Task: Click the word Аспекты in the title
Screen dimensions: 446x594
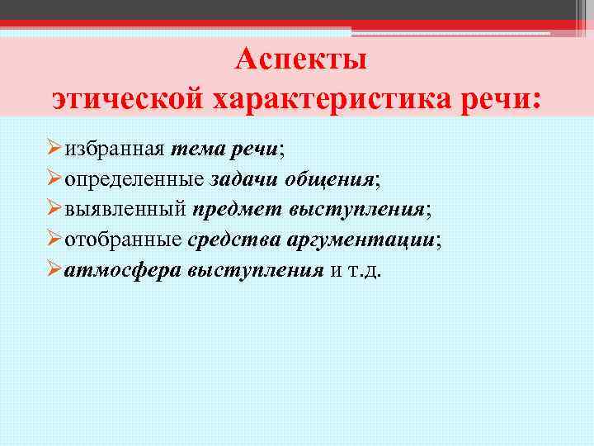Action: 300,61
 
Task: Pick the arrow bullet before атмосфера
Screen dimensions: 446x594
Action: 54,270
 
